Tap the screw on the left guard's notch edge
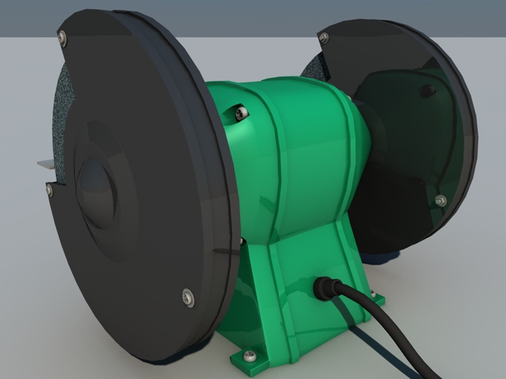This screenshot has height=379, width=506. point(49,190)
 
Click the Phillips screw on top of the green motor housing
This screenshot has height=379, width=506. point(241,112)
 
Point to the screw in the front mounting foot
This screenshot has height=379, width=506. point(249,355)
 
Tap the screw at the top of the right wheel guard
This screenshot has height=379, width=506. point(324,38)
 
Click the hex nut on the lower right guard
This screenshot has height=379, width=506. point(440,201)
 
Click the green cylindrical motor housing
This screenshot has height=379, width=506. point(299,147)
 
